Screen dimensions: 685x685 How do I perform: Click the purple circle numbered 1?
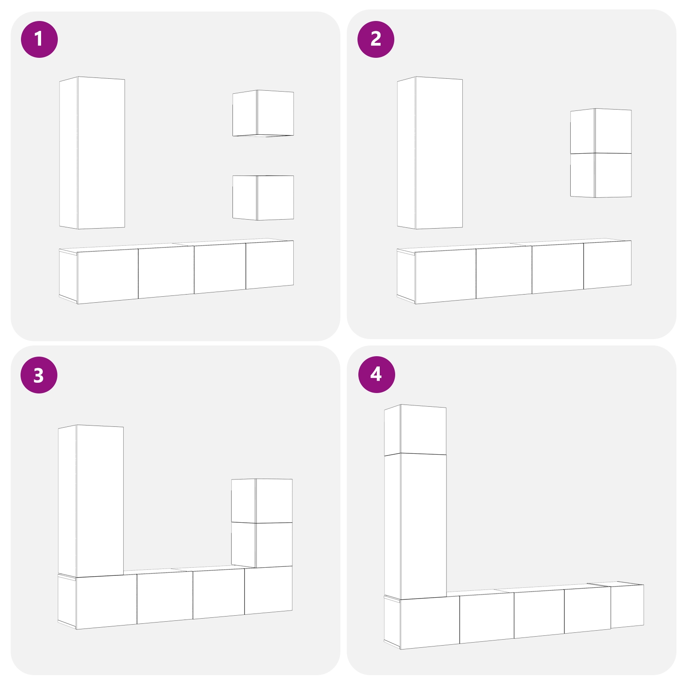[39, 39]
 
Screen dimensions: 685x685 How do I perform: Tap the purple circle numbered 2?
[376, 39]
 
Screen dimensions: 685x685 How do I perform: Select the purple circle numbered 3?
[39, 375]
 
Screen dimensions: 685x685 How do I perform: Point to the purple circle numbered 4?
[377, 375]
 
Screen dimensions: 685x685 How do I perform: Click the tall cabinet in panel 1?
[92, 153]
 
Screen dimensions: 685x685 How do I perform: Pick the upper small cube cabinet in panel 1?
[263, 113]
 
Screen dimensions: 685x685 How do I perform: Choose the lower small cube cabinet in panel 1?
[263, 198]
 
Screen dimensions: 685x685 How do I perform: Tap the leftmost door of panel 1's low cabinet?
[108, 276]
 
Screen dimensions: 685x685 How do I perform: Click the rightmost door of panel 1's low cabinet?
[270, 265]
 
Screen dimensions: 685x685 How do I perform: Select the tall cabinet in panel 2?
[430, 153]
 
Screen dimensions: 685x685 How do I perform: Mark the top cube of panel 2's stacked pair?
[601, 131]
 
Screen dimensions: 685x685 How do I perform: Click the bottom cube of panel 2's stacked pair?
[601, 176]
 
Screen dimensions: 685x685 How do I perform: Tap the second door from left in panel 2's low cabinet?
[504, 272]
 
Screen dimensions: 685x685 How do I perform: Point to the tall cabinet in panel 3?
[91, 501]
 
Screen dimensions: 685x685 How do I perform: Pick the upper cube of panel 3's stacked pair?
[262, 501]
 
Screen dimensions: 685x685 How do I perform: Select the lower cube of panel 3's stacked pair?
[262, 545]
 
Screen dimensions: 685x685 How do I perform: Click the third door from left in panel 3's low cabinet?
[219, 593]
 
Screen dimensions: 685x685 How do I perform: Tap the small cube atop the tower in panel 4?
[415, 430]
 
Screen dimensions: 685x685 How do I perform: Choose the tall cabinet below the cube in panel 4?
[415, 526]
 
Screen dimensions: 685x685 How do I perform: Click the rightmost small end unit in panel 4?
[627, 605]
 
